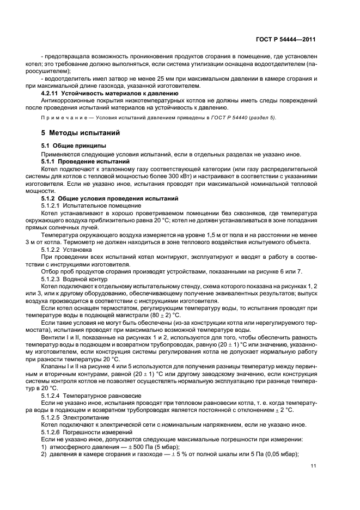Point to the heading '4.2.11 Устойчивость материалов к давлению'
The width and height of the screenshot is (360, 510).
(106, 94)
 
